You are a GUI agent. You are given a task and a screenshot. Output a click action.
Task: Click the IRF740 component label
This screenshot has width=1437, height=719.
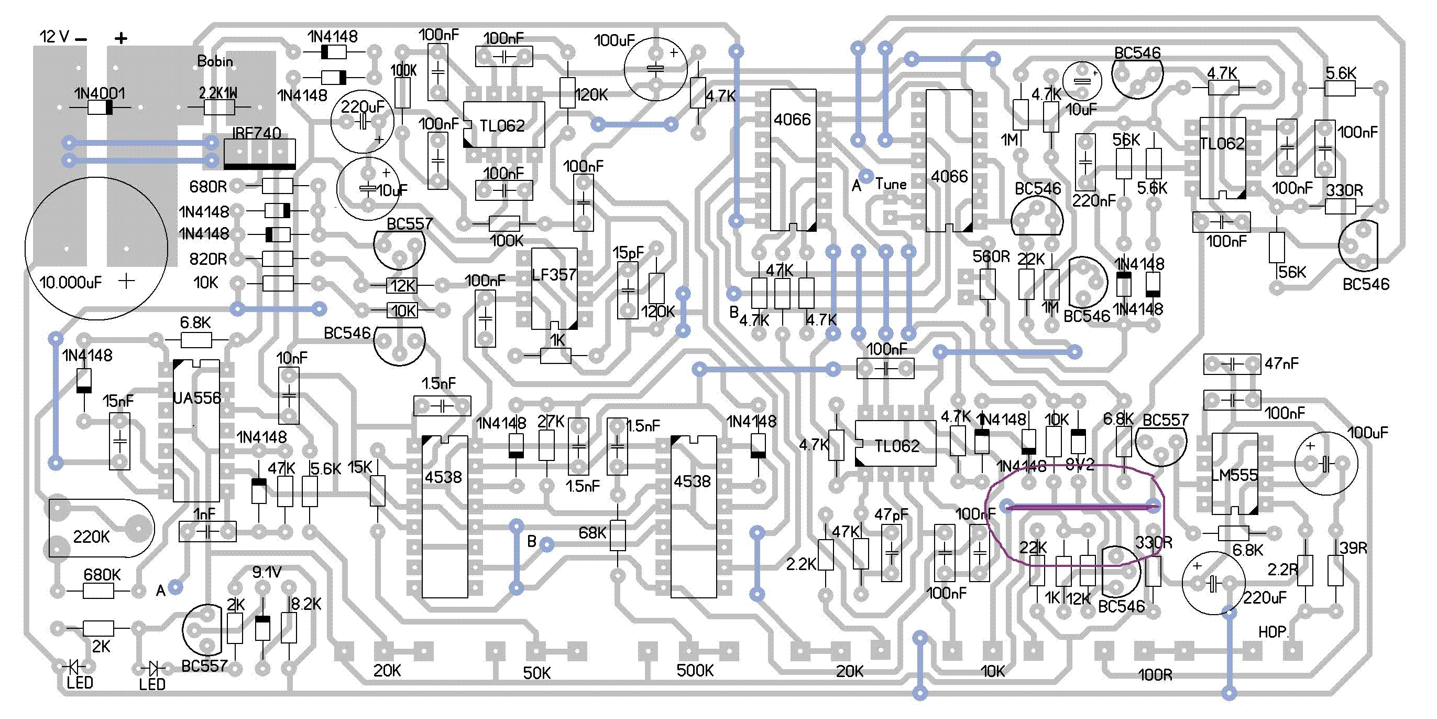(x=256, y=133)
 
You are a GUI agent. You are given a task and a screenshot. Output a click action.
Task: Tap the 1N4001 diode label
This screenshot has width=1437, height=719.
(x=100, y=93)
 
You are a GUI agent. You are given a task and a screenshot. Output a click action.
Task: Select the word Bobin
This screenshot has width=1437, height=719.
(x=215, y=61)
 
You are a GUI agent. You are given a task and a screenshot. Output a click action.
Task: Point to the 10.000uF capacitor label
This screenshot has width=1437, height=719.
(x=71, y=283)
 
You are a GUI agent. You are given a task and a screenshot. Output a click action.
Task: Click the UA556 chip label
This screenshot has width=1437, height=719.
(x=197, y=398)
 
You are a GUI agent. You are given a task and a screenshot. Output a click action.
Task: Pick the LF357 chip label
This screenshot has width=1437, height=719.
(x=554, y=275)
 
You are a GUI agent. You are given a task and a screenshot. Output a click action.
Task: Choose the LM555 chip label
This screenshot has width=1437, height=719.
(x=1234, y=475)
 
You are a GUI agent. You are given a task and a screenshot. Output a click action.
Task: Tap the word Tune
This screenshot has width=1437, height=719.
(x=891, y=184)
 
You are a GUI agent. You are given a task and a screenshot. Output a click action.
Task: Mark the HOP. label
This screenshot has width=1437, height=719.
(x=1273, y=632)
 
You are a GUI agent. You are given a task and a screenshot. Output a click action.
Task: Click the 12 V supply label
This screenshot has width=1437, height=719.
(x=54, y=37)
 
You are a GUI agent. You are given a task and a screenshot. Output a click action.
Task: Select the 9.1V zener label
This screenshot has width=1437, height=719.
(x=267, y=572)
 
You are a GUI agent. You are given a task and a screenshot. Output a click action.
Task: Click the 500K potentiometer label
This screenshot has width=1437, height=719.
(x=695, y=670)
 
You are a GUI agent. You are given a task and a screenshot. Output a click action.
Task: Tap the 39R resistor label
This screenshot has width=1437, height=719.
(x=1353, y=548)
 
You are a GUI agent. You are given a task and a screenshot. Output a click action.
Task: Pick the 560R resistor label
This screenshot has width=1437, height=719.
(x=991, y=256)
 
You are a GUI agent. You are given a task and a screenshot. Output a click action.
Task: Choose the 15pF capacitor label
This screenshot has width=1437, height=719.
(x=628, y=253)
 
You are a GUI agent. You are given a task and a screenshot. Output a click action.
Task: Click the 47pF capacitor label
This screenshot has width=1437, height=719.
(x=891, y=514)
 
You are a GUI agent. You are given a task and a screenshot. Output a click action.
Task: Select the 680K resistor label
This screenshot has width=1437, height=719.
(x=102, y=574)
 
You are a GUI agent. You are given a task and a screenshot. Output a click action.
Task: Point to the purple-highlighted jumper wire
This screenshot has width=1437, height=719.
(x=1081, y=508)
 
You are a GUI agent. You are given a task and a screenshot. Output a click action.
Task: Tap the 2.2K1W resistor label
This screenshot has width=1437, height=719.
(x=218, y=93)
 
